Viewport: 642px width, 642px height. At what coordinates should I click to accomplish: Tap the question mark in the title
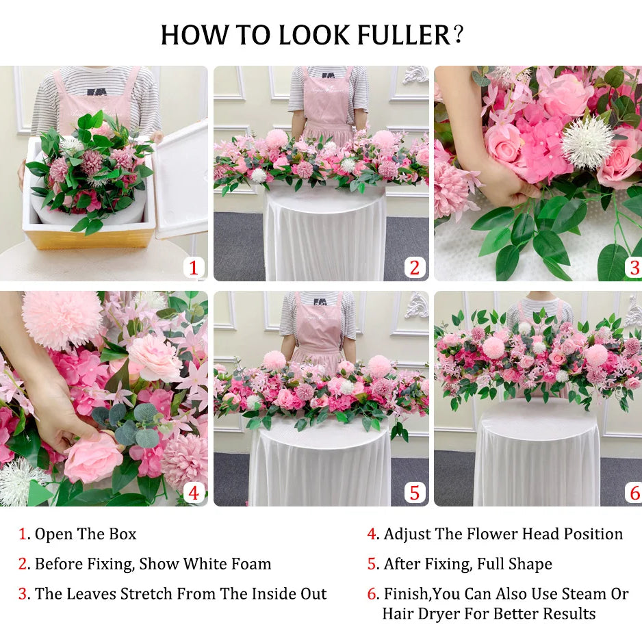click(x=459, y=34)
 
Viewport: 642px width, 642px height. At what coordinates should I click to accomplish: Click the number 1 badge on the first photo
click(x=194, y=268)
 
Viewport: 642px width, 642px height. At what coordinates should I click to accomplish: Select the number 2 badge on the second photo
click(x=414, y=268)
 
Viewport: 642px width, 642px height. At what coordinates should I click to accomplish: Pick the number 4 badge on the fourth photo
click(x=194, y=493)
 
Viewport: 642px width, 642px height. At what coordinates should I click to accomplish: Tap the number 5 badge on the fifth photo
click(x=414, y=493)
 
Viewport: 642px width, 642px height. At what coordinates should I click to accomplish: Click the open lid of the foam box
click(x=181, y=179)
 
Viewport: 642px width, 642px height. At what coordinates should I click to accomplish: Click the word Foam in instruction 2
click(x=251, y=564)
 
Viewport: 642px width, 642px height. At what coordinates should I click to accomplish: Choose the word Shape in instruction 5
click(x=530, y=565)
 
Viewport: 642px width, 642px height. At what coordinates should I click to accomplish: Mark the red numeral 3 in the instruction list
click(x=23, y=594)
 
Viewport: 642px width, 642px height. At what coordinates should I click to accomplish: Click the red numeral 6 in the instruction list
click(x=372, y=594)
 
